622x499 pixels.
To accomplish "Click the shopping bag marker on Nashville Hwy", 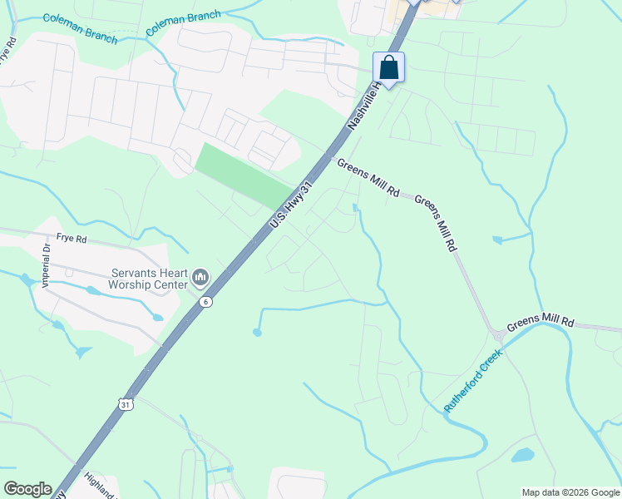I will coord(388,67).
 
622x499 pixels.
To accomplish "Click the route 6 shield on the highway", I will coord(205,302).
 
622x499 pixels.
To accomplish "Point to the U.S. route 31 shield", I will coord(126,403).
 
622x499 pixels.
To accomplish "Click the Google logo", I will coord(27,489).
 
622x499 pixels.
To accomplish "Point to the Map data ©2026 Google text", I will coord(570,492).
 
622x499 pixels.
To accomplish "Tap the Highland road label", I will coord(100,485).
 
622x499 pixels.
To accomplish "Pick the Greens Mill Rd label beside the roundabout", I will coord(541,321).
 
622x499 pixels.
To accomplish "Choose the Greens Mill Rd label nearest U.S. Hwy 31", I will coord(368,178).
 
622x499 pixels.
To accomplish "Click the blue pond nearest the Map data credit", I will coord(522,455).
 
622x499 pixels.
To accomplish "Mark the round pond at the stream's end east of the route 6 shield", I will coord(257,333).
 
